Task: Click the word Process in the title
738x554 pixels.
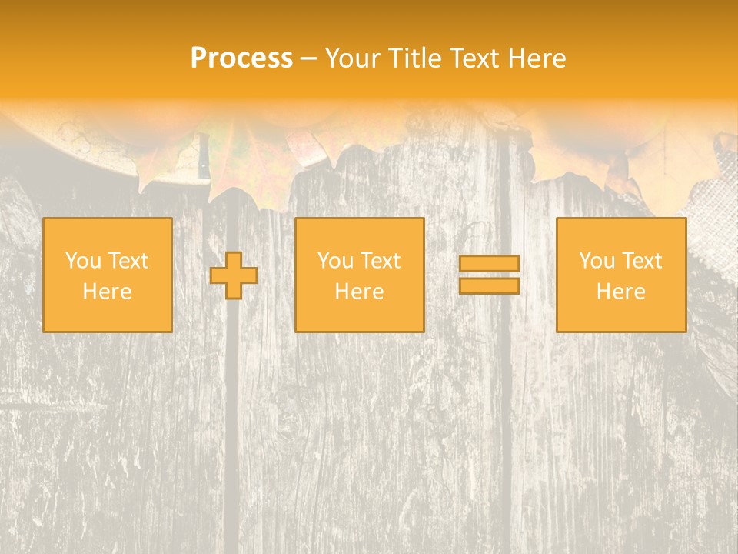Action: coord(241,58)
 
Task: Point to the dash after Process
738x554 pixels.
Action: coord(309,58)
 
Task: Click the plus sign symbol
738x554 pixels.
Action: coord(234,275)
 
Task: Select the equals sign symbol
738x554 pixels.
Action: coord(489,275)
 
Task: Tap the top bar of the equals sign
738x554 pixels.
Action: coord(489,263)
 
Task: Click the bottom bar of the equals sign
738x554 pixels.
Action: coord(489,286)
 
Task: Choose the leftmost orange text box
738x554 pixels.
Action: coord(107,275)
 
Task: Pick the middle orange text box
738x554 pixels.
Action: coord(359,275)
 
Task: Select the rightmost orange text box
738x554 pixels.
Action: coord(620,275)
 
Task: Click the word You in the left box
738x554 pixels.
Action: coord(82,261)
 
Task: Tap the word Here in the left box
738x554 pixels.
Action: coord(107,292)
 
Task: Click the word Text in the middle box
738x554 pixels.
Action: coord(381,261)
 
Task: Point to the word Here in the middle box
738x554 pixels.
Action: coord(359,292)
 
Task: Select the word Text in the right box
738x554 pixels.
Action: coord(642,261)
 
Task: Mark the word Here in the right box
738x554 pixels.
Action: coord(620,292)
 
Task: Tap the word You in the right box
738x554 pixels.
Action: coord(596,261)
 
